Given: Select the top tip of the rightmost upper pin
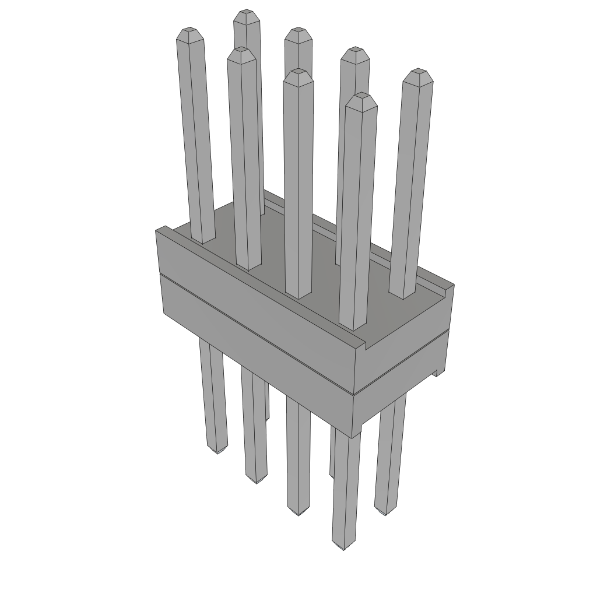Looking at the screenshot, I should coord(417,73).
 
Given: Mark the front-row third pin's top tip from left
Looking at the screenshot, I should coord(298,72).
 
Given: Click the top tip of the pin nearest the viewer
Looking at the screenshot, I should coord(361,97).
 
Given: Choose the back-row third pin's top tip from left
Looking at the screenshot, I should coord(355,52).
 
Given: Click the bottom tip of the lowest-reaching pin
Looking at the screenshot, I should coord(343,549).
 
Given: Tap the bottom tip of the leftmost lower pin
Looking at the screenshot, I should coord(217,452).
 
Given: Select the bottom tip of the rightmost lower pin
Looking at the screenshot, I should coord(383,513).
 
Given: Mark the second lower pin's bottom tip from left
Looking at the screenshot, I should coord(255,482).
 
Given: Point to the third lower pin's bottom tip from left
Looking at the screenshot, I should coord(298,513).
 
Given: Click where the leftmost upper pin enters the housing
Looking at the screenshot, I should coord(202,240).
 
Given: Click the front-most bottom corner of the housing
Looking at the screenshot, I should coord(354,436).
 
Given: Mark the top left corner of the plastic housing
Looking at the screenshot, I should coord(156,231).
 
